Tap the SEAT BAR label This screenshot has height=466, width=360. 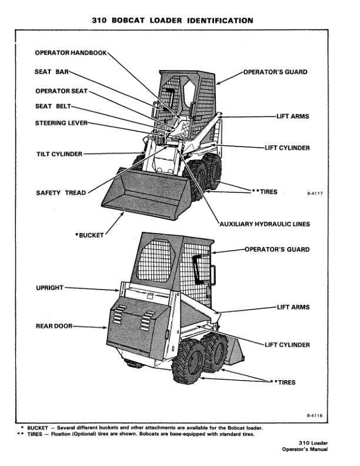coord(52,72)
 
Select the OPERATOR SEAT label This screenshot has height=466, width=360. coord(62,91)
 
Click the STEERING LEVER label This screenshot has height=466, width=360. coord(62,123)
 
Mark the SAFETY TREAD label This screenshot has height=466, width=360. coord(61,192)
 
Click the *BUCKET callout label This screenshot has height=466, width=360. coord(89,235)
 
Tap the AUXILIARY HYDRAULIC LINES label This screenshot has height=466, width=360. coord(264,224)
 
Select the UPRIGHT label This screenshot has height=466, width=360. coord(50,288)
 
